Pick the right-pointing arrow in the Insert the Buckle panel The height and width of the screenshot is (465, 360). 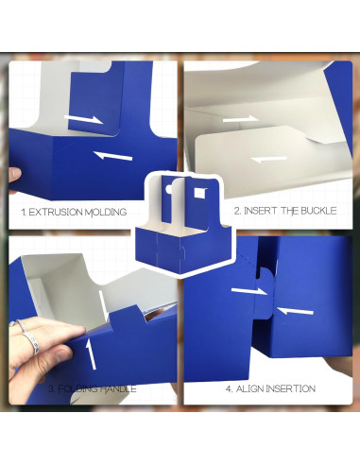click(x=239, y=119)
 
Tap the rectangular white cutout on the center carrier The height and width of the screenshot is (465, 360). click(x=197, y=194)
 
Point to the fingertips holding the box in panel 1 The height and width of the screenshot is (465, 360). click(x=13, y=176)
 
